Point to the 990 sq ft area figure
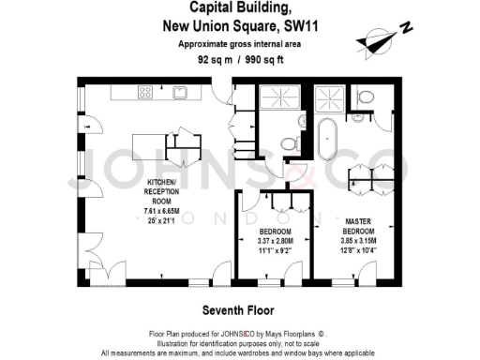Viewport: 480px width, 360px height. coord(264,58)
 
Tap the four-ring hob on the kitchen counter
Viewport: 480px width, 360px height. coord(146,92)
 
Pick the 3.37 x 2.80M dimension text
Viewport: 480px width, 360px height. coord(276,242)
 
